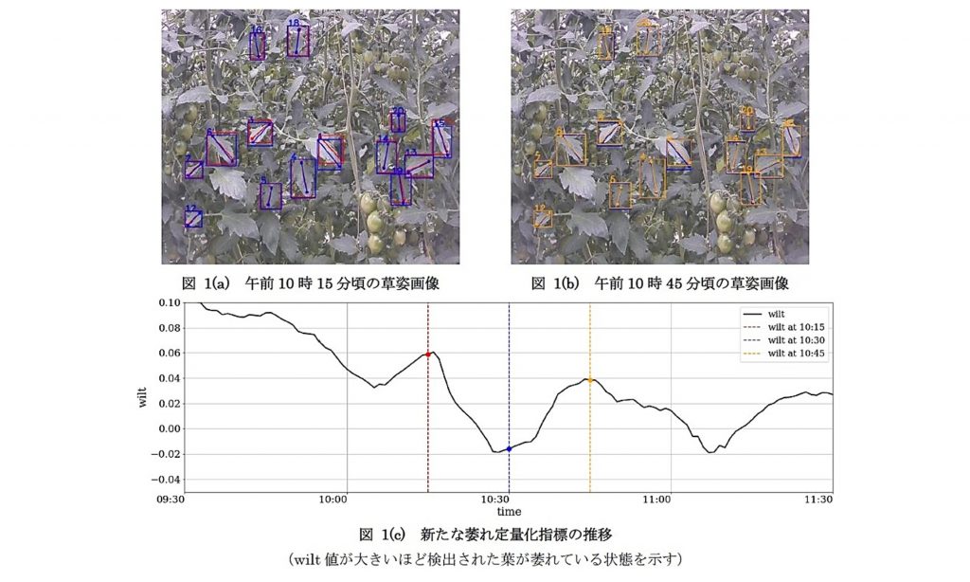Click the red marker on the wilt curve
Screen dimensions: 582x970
(x=428, y=355)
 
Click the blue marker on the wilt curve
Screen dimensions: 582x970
(x=509, y=448)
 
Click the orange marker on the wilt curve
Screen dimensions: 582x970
(x=590, y=380)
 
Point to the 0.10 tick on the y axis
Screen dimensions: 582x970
(x=169, y=303)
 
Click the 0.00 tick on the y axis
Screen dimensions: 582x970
(x=169, y=428)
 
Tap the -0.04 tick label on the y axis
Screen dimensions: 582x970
(x=167, y=479)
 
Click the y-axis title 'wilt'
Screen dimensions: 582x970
(x=143, y=395)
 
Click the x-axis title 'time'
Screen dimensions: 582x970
(x=509, y=512)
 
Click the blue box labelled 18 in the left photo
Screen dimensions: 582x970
(x=298, y=42)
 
